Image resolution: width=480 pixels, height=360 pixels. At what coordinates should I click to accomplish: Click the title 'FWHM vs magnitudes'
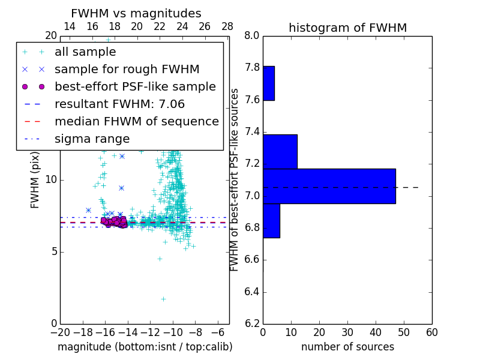pyautogui.click(x=136, y=14)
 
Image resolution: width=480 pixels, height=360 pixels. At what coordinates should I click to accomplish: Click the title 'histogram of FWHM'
pyautogui.click(x=347, y=28)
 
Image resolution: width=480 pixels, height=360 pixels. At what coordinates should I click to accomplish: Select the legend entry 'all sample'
pyautogui.click(x=85, y=52)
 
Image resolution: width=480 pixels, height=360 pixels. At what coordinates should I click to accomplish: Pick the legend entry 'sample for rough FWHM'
pyautogui.click(x=127, y=70)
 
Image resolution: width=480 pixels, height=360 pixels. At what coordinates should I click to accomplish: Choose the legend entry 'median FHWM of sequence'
pyautogui.click(x=136, y=122)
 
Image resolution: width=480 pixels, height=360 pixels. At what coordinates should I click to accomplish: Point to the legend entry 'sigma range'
pyautogui.click(x=92, y=139)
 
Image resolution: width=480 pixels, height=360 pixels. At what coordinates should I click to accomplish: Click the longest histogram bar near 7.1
pyautogui.click(x=329, y=186)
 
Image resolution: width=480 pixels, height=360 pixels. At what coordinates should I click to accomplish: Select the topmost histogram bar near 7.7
pyautogui.click(x=268, y=83)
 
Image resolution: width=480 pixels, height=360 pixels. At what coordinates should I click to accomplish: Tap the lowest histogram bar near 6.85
pyautogui.click(x=271, y=221)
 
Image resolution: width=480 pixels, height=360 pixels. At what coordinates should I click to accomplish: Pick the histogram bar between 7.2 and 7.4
pyautogui.click(x=280, y=152)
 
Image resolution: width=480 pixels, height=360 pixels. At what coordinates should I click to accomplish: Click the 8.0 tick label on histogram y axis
pyautogui.click(x=252, y=35)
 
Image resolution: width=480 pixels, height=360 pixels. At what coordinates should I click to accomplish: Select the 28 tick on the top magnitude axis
pyautogui.click(x=227, y=26)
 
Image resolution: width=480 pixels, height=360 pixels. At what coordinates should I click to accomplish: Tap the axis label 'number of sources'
pyautogui.click(x=347, y=347)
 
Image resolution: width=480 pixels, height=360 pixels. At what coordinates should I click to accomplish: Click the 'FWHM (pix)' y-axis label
pyautogui.click(x=35, y=180)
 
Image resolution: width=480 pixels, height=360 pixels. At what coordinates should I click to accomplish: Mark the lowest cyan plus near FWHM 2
pyautogui.click(x=163, y=298)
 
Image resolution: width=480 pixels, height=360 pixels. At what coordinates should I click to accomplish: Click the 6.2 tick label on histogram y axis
pyautogui.click(x=252, y=324)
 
